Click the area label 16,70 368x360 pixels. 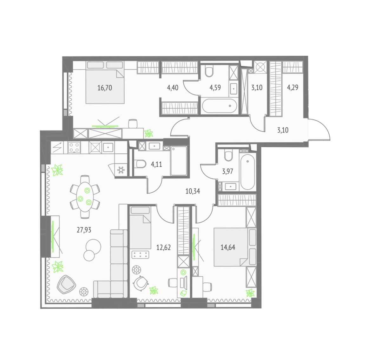point(105,88)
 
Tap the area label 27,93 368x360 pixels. point(84,230)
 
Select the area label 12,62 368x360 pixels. point(163,247)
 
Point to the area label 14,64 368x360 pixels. point(228,247)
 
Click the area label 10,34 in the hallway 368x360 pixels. point(193,191)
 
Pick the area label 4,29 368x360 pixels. point(292,88)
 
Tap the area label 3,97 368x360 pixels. point(227,171)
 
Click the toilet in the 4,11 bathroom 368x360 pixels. point(141,164)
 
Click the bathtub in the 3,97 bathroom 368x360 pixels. point(247,172)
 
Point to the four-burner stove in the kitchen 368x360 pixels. point(74,147)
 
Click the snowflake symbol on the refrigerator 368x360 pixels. point(121,170)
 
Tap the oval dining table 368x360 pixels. point(85,197)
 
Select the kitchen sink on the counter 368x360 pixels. point(108,147)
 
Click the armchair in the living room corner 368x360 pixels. point(66,284)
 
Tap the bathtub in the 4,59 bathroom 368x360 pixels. point(220,106)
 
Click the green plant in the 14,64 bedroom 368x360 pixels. point(250,293)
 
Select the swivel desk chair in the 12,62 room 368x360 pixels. point(141,283)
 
